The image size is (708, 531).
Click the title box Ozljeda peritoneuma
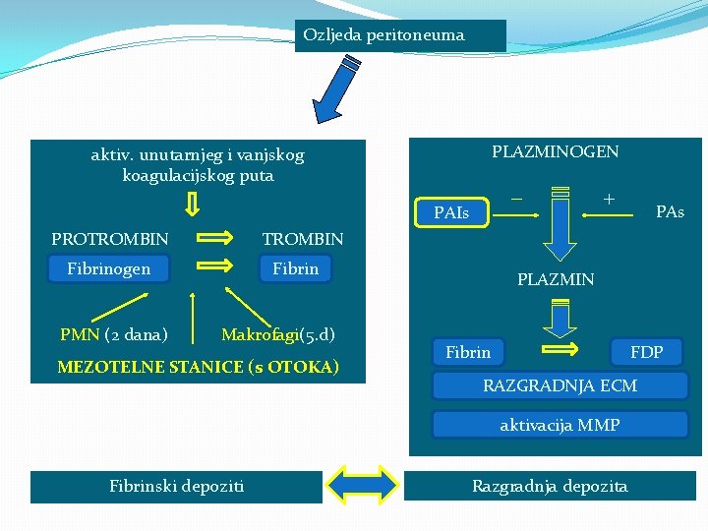[399, 35]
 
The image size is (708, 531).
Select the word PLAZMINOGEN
[555, 151]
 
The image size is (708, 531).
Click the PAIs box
[451, 212]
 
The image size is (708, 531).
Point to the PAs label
[670, 211]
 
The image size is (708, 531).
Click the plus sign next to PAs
[610, 200]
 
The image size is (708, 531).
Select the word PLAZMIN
[556, 279]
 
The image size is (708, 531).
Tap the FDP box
[647, 352]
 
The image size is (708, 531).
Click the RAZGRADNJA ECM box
[560, 384]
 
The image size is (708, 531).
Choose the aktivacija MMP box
[560, 425]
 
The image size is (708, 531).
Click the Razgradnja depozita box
[550, 486]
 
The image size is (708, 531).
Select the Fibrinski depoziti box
[177, 486]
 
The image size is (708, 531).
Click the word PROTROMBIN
[110, 239]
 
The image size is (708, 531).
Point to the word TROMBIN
[303, 239]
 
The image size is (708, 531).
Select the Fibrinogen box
[109, 268]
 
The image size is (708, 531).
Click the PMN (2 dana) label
[113, 334]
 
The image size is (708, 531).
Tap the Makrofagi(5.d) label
[277, 334]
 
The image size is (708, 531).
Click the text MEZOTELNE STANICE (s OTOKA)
[198, 367]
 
